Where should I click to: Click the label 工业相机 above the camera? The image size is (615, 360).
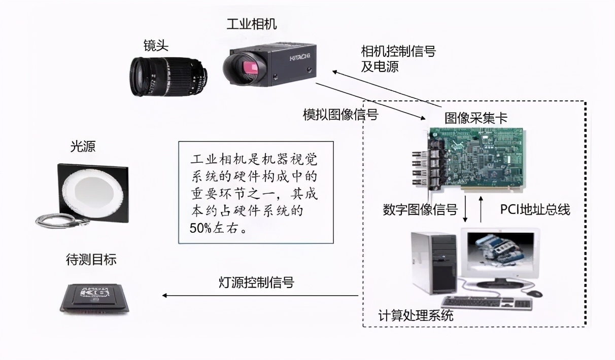252,24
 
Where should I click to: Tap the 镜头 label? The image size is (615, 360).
156,45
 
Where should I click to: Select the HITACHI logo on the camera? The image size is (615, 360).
300,57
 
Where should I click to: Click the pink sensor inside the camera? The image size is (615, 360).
250,67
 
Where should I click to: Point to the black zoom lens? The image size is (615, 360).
168,77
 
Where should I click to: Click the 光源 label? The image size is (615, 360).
83,147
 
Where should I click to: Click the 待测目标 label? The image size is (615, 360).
91,259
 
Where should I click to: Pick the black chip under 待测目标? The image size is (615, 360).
95,299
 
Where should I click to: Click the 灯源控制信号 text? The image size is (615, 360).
256,282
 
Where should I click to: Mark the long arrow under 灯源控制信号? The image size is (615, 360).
260,296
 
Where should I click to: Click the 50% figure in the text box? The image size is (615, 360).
200,228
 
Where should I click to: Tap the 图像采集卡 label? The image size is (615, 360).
476,118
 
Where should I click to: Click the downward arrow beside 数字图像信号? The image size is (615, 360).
465,208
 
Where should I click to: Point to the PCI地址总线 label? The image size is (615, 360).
535,209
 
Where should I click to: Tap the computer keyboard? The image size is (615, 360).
487,303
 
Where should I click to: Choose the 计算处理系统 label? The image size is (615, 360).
416,315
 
